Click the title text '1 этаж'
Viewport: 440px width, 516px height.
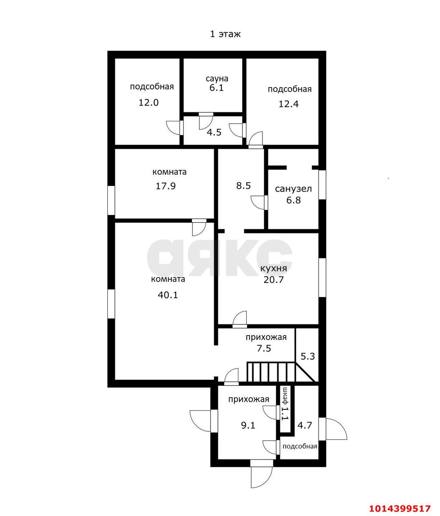tap(225, 34)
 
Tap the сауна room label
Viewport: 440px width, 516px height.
tap(217, 79)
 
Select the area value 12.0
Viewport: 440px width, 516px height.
tap(149, 103)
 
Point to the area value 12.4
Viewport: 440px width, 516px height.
tap(288, 104)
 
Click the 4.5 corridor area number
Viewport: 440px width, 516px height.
tap(214, 132)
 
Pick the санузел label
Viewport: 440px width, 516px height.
tap(293, 189)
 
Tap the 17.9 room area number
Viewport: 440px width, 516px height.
tap(166, 186)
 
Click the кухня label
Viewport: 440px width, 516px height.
tap(273, 268)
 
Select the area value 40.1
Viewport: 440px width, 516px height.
tap(168, 295)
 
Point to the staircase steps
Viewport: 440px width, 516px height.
tap(271, 372)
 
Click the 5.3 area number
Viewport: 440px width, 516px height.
tap(308, 356)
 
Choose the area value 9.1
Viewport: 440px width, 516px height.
tap(248, 425)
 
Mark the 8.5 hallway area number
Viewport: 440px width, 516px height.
tap(244, 186)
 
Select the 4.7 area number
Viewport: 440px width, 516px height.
tap(305, 425)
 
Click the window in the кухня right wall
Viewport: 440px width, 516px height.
tap(322, 278)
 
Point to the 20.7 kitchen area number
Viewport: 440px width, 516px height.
tap(274, 280)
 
